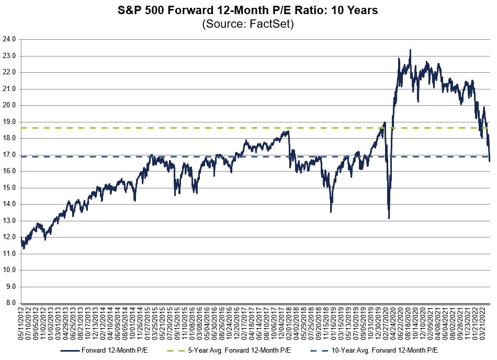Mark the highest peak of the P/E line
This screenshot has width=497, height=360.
click(410, 51)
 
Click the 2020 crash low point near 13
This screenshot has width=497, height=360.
click(389, 218)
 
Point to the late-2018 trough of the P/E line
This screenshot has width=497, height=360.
click(331, 211)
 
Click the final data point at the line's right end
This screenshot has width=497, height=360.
click(490, 175)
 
